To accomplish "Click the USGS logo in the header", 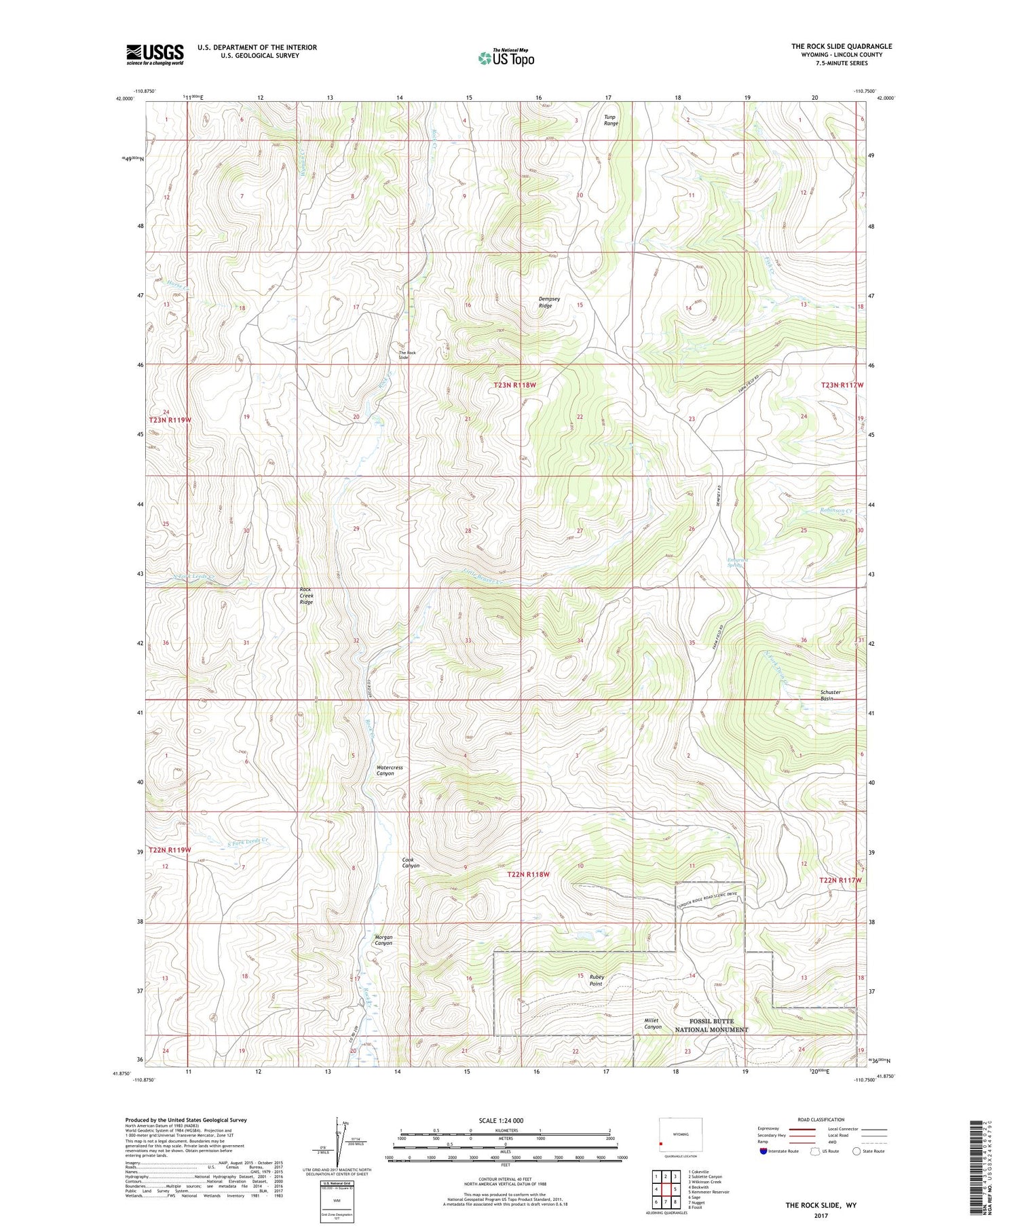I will (155, 54).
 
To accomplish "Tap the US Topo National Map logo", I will (506, 58).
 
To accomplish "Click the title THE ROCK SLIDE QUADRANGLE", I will (841, 46).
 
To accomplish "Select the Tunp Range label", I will (611, 120).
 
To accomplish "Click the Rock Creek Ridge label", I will (306, 596).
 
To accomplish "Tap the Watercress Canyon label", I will (390, 770).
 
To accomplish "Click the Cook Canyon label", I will (411, 863).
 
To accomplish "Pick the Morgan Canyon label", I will (383, 940).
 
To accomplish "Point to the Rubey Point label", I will (596, 980).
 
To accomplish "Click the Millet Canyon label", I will (652, 1024).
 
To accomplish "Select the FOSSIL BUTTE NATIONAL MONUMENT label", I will (711, 1025).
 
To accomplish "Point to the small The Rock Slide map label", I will (407, 355).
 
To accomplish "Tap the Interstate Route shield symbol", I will (763, 1151).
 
